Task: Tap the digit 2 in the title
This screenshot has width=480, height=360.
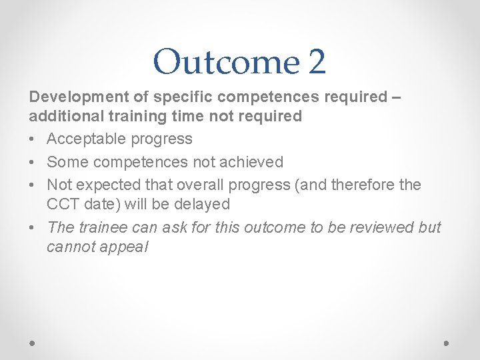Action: [x=317, y=61]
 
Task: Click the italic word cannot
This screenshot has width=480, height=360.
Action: [x=74, y=247]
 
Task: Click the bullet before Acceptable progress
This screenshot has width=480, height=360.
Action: [x=33, y=139]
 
